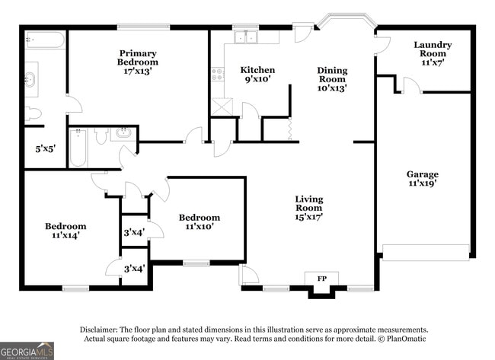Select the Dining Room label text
[x=332, y=79]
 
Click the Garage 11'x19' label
[x=422, y=179]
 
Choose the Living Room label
[x=309, y=208]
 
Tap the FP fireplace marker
[x=321, y=279]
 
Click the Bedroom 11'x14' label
[x=65, y=231]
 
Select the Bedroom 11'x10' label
[x=199, y=221]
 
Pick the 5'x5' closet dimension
[x=35, y=149]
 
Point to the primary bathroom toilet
[x=33, y=114]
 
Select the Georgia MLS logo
[x=27, y=350]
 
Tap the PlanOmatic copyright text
[x=400, y=339]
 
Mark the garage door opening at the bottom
[x=425, y=253]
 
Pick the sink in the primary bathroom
[x=30, y=79]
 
